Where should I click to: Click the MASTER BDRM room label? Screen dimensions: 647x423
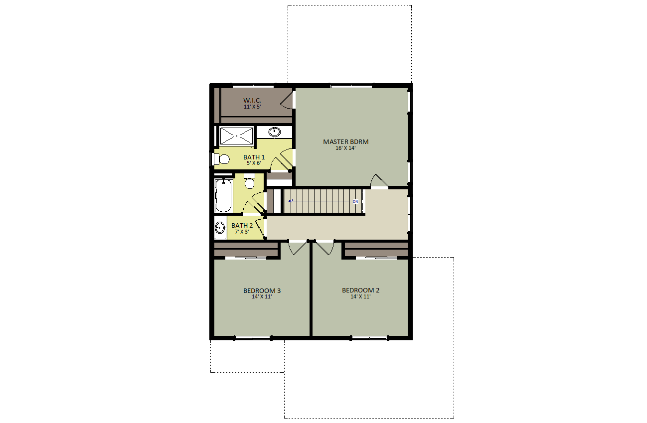tap(346, 142)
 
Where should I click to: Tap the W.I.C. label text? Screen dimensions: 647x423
tap(252, 101)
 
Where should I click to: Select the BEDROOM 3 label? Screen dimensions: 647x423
tap(262, 291)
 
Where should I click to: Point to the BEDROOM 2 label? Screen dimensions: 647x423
tap(361, 290)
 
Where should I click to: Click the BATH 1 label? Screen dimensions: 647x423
tap(254, 157)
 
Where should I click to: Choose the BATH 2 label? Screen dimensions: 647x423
tap(242, 226)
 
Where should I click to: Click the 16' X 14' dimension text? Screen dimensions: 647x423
tap(345, 148)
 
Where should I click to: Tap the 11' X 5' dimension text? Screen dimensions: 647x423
tap(252, 107)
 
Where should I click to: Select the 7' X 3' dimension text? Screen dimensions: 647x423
tap(242, 232)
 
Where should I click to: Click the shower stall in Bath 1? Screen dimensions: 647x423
tap(236, 136)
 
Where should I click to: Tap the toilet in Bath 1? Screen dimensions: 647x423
tap(221, 159)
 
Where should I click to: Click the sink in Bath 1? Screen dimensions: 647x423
tap(274, 132)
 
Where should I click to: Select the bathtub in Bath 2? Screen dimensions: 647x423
tap(223, 196)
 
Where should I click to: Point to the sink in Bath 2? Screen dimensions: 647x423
tap(220, 228)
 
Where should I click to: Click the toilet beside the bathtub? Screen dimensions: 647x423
tap(249, 181)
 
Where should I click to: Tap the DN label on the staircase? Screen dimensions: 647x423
tap(355, 202)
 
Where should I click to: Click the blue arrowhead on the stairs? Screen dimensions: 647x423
tap(291, 201)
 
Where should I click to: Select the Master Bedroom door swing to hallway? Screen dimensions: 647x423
tap(379, 181)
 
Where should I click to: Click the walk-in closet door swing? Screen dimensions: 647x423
tap(288, 100)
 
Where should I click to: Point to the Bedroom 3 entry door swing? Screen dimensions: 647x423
tap(298, 248)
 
